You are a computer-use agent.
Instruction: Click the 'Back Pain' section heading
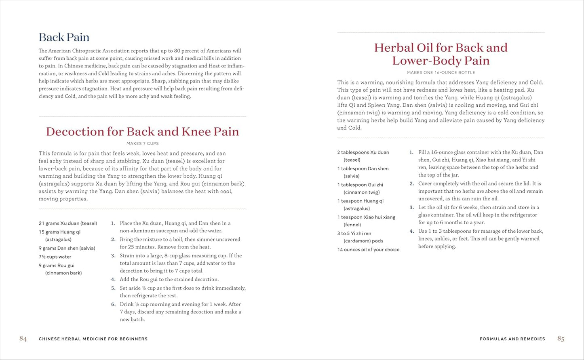[x=64, y=37]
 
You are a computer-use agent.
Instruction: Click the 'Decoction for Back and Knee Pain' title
[x=142, y=131]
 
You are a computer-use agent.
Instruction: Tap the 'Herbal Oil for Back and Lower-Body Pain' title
[x=441, y=54]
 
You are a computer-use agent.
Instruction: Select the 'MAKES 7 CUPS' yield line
[x=142, y=143]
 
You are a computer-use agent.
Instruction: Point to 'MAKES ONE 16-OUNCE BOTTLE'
[x=441, y=73]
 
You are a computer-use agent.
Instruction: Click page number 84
[x=23, y=339]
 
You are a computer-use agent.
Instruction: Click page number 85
[x=561, y=339]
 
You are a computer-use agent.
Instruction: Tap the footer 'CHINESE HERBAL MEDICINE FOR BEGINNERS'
[x=93, y=339]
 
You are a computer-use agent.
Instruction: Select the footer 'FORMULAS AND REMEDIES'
[x=512, y=339]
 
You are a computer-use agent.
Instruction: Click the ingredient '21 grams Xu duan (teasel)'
[x=68, y=223]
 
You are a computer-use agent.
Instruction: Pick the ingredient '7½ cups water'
[x=55, y=257]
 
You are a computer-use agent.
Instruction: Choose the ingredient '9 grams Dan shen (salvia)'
[x=67, y=248]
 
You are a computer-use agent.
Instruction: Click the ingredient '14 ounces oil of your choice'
[x=368, y=250]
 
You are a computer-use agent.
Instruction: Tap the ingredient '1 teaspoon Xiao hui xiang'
[x=366, y=217]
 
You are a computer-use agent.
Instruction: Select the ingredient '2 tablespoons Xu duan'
[x=363, y=152]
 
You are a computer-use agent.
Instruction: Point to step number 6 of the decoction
[x=113, y=305]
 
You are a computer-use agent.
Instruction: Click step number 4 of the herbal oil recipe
[x=411, y=232]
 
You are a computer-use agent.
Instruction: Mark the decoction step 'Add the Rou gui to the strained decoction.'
[x=169, y=280]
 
